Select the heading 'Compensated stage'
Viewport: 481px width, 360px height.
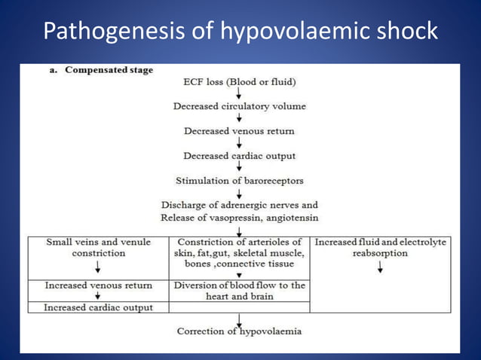point(109,70)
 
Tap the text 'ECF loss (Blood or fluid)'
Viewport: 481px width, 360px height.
point(239,81)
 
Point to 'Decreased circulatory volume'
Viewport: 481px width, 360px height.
point(239,106)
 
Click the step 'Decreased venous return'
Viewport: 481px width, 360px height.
point(239,131)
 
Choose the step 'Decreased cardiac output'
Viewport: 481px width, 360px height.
point(239,156)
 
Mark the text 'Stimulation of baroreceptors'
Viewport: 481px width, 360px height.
point(239,181)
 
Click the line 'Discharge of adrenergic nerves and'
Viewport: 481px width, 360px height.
point(239,205)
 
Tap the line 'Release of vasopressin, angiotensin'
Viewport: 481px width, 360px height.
point(239,218)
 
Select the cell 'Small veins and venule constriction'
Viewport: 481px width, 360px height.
point(98,248)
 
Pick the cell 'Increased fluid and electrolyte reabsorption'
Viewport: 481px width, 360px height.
point(380,248)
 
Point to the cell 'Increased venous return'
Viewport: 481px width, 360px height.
point(98,285)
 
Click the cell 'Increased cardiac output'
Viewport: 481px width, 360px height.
point(98,307)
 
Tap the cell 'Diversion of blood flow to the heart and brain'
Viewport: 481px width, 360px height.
point(239,291)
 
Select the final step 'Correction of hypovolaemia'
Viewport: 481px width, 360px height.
point(239,331)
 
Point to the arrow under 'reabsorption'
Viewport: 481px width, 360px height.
point(380,267)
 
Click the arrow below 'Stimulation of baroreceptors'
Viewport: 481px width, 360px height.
point(239,193)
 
